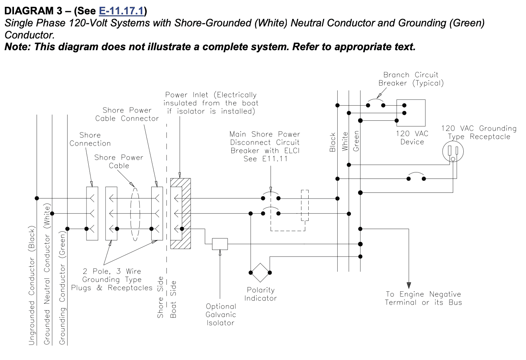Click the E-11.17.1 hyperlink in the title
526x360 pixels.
click(x=121, y=11)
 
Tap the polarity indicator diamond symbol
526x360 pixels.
click(x=260, y=272)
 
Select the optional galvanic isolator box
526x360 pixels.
click(x=220, y=244)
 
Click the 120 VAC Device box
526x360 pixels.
click(x=411, y=113)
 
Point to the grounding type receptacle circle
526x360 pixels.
click(x=453, y=151)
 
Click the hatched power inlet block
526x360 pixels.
click(x=180, y=214)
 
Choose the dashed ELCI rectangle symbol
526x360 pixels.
click(x=305, y=206)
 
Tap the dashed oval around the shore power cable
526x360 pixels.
click(x=135, y=214)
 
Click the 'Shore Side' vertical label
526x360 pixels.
click(x=160, y=297)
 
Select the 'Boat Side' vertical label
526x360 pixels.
click(x=173, y=299)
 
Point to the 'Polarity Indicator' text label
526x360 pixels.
click(x=260, y=294)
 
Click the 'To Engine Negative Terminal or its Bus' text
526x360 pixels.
click(x=423, y=298)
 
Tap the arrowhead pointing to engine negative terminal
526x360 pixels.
click(x=409, y=285)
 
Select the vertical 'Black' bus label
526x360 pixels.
click(x=332, y=142)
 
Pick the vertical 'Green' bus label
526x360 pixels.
click(x=356, y=141)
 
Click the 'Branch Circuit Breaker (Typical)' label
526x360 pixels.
click(x=411, y=79)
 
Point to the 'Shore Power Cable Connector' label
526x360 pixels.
click(x=127, y=114)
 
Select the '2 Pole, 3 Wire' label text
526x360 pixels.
click(x=112, y=271)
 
